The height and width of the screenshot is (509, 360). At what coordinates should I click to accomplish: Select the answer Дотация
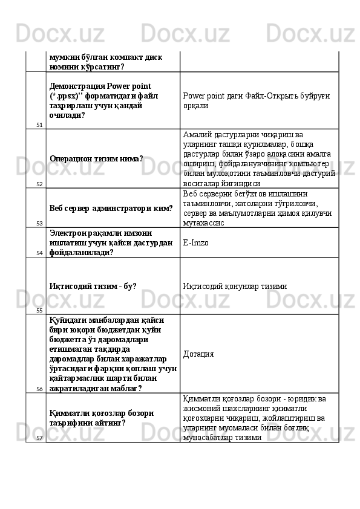click(198, 354)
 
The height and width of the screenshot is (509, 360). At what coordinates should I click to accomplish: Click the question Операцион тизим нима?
click(96, 158)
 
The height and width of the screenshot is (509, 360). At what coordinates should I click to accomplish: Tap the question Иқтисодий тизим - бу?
click(93, 285)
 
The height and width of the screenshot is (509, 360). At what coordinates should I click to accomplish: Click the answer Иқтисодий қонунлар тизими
click(235, 285)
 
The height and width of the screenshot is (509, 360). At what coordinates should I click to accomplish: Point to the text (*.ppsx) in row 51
click(67, 96)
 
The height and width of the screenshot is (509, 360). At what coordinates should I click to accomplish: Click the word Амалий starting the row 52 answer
click(198, 134)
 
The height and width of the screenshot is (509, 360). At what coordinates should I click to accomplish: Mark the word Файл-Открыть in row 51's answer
click(264, 96)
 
